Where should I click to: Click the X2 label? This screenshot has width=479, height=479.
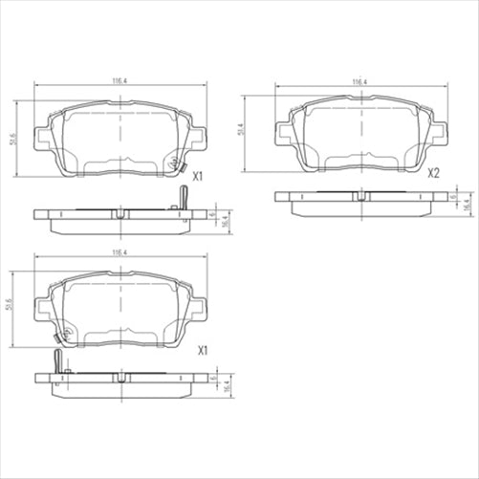click(x=433, y=173)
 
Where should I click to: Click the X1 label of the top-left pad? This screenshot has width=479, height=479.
click(x=200, y=176)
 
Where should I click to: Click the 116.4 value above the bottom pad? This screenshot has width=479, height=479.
click(x=120, y=254)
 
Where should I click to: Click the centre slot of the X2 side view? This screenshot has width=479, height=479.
click(x=360, y=196)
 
